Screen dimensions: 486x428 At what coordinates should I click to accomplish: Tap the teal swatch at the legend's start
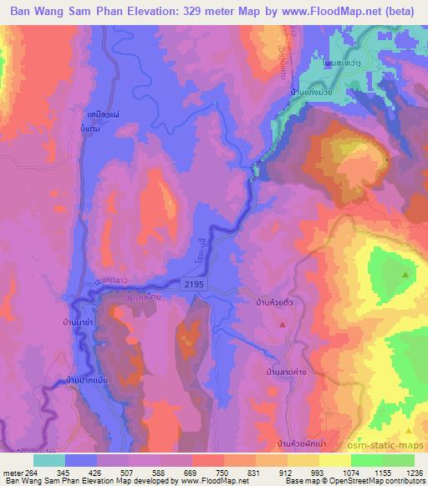pyautogui.click(x=49, y=460)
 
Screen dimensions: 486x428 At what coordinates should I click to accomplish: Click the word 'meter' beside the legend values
pyautogui.click(x=13, y=472)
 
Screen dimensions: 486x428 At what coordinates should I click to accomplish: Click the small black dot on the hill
pyautogui.click(x=387, y=159)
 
